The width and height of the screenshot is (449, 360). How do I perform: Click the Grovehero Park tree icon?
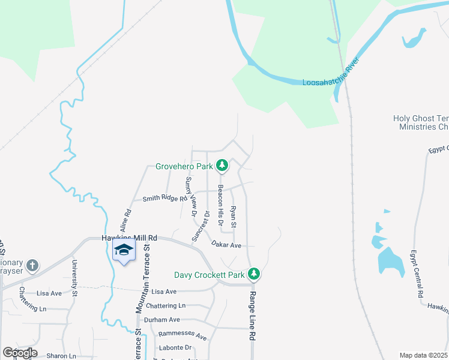pyautogui.click(x=222, y=164)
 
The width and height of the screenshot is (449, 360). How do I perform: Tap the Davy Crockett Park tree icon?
pyautogui.click(x=255, y=274)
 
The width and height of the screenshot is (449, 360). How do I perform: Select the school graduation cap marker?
pyautogui.click(x=124, y=251)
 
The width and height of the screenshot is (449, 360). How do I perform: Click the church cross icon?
pyautogui.click(x=33, y=265)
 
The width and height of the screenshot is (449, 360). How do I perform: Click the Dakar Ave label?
pyautogui.click(x=226, y=245)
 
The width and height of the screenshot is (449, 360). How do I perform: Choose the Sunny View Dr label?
pyautogui.click(x=191, y=196)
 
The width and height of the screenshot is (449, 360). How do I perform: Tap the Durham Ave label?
pyautogui.click(x=166, y=320)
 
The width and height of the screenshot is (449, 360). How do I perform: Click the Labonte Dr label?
pyautogui.click(x=175, y=347)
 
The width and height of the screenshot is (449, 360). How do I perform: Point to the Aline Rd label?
pyautogui.click(x=125, y=221)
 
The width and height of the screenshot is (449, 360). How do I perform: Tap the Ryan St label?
pyautogui.click(x=234, y=217)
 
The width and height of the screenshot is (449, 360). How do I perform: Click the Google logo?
pyautogui.click(x=20, y=353)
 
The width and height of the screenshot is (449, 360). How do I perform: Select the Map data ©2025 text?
pyautogui.click(x=424, y=355)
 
